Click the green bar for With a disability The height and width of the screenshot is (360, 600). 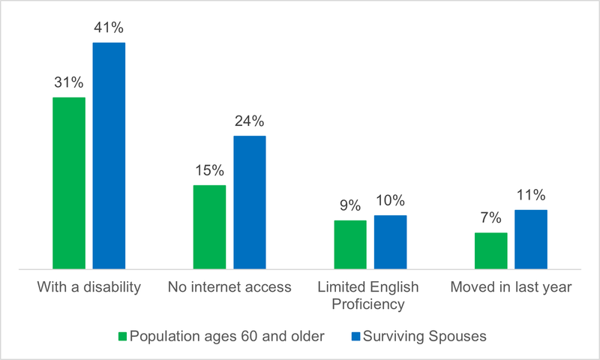(x=69, y=182)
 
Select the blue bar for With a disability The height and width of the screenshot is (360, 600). (x=109, y=155)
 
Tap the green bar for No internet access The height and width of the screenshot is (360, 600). (x=209, y=226)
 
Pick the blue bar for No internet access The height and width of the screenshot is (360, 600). (x=250, y=202)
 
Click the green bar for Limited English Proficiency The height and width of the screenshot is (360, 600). (x=350, y=244)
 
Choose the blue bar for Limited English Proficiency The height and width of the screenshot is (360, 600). (x=390, y=241)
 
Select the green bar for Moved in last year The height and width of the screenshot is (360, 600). (x=491, y=250)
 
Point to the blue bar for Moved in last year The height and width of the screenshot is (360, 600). (x=531, y=238)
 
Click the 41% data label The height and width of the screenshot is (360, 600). (x=109, y=28)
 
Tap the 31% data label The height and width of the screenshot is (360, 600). (x=69, y=82)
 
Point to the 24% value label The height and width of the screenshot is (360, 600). (x=250, y=121)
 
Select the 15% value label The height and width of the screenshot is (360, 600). (x=209, y=170)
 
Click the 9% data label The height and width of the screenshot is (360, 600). (x=350, y=205)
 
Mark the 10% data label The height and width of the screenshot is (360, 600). (x=390, y=200)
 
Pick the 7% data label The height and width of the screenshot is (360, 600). (x=491, y=218)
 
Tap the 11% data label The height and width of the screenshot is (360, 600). (x=531, y=195)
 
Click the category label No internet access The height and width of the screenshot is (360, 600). (x=229, y=288)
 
